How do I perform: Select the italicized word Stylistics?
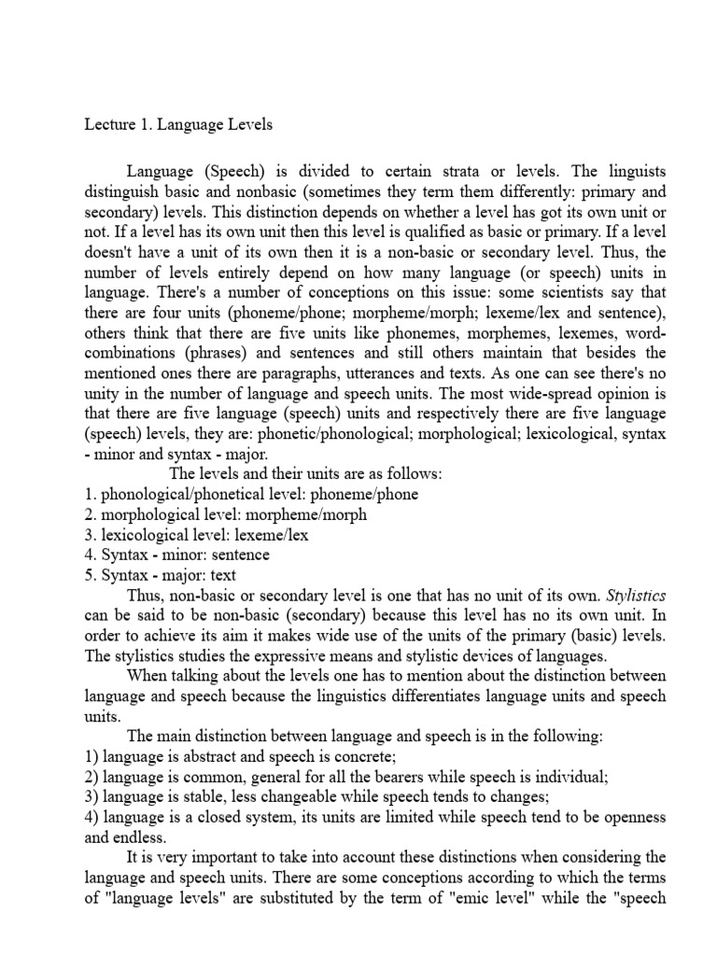[x=636, y=596]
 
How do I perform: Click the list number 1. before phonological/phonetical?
[x=91, y=494]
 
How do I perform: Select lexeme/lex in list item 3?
[x=270, y=535]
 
